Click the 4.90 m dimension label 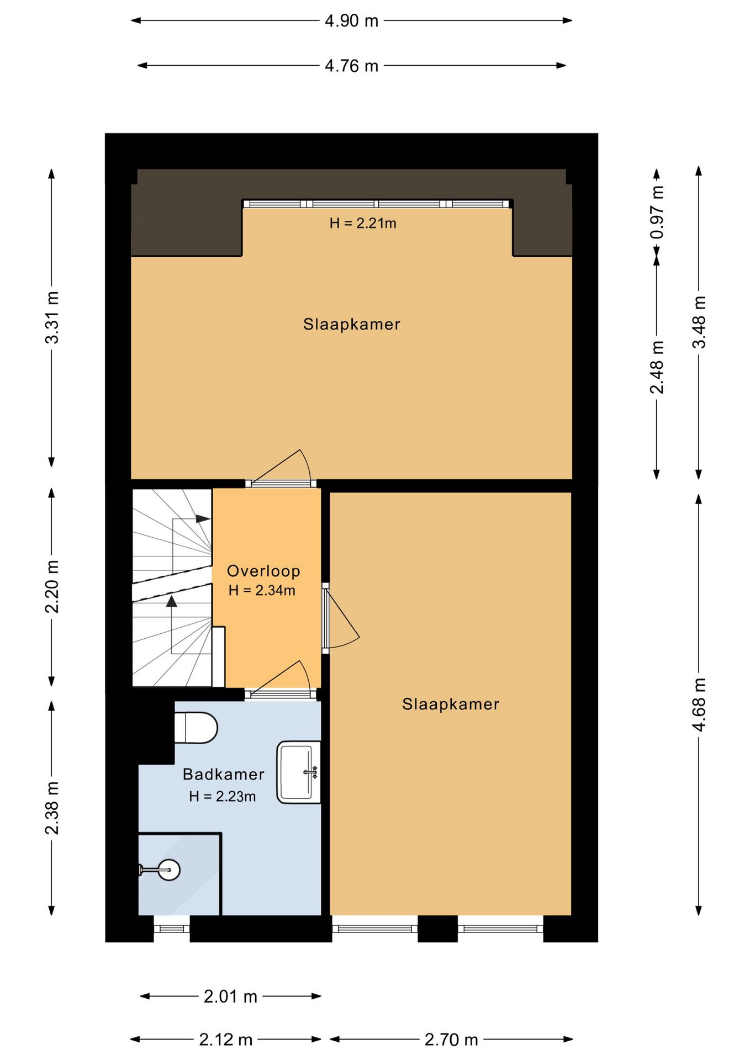tap(351, 21)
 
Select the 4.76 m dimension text tap(351, 66)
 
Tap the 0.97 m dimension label tap(657, 212)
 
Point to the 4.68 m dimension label tap(699, 705)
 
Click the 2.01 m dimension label tap(230, 997)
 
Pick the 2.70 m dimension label tap(451, 1040)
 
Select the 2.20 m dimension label tap(52, 586)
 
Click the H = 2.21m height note tap(363, 223)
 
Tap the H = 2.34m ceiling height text tap(262, 590)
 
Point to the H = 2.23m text tap(222, 796)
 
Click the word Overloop tap(263, 571)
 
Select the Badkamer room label tap(224, 774)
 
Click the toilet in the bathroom tap(196, 728)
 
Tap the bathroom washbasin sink tap(299, 772)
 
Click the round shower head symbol tap(168, 870)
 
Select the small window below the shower tap(171, 929)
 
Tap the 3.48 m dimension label tap(699, 322)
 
